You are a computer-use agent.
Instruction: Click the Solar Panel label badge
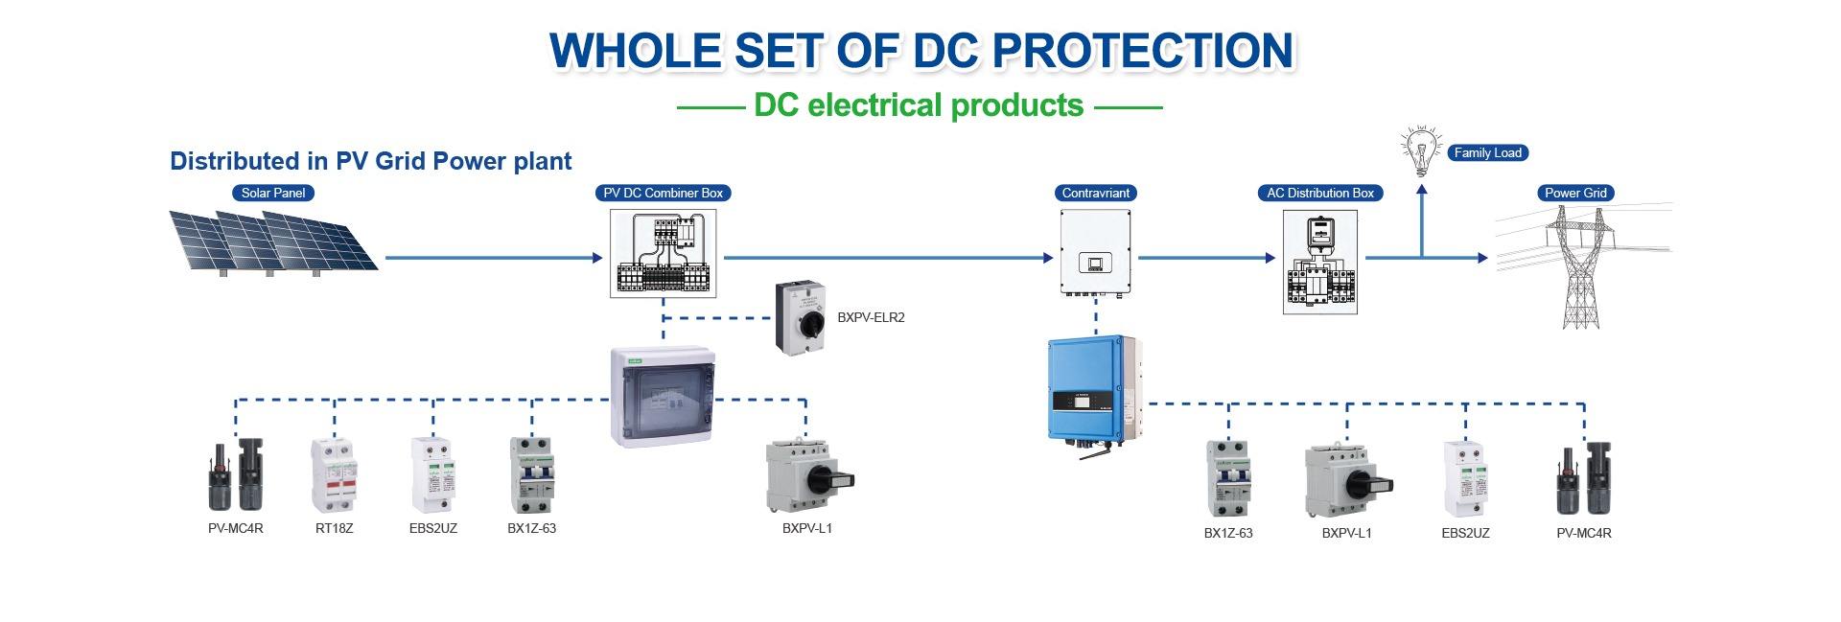[273, 193]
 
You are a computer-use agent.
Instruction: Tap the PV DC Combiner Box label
[663, 193]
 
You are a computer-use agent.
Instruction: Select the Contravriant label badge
[1096, 193]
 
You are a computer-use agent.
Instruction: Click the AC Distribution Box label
[1320, 193]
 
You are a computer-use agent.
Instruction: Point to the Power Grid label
[1575, 193]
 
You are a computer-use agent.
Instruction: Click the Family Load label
[1487, 152]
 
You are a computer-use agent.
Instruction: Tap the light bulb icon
[1421, 150]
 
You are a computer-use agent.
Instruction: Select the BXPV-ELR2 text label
[871, 317]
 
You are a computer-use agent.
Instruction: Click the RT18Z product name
[334, 528]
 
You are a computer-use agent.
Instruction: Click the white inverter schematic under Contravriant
[1096, 252]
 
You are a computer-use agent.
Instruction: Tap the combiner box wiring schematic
[663, 254]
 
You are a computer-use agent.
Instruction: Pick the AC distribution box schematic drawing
[1320, 262]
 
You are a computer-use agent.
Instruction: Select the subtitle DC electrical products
[919, 104]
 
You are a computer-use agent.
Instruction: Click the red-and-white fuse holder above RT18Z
[334, 476]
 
